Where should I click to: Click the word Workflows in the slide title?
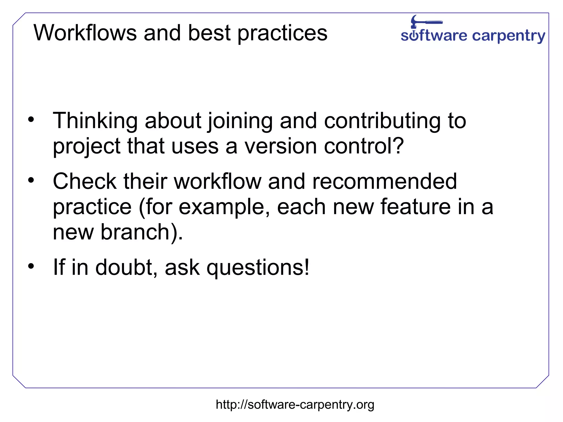click(85, 33)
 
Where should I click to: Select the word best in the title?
click(209, 33)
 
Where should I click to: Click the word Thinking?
click(95, 121)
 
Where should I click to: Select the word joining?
click(240, 122)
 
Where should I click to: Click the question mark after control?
click(398, 145)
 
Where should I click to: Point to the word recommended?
click(384, 181)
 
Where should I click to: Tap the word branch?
click(135, 232)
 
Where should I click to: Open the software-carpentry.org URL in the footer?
click(295, 405)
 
